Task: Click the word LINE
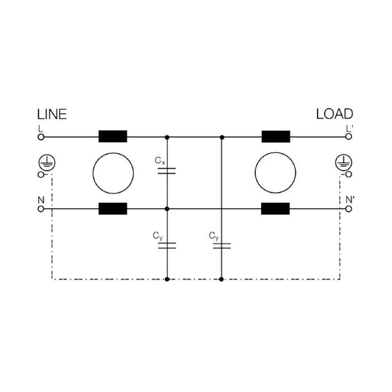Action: tap(52, 115)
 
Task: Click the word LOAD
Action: tap(335, 114)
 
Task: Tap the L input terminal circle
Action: tap(41, 137)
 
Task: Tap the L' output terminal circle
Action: tap(349, 137)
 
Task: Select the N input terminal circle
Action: tap(41, 209)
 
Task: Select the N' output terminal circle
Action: tap(349, 209)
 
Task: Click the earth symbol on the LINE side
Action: tap(47, 163)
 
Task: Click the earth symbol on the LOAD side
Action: tap(343, 163)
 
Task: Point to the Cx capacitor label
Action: tap(160, 160)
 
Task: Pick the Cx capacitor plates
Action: tap(167, 171)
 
